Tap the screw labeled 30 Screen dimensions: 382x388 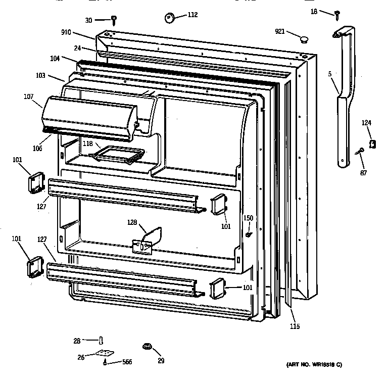pos(114,19)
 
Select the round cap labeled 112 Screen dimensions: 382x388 pos(168,18)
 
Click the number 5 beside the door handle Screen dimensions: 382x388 pos(329,75)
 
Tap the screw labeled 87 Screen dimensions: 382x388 pos(360,152)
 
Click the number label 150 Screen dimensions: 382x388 pos(248,218)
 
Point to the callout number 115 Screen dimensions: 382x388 pos(295,326)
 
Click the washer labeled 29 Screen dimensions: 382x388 pos(147,347)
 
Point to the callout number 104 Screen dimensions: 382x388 pos(55,59)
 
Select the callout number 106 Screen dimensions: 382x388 pos(38,149)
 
